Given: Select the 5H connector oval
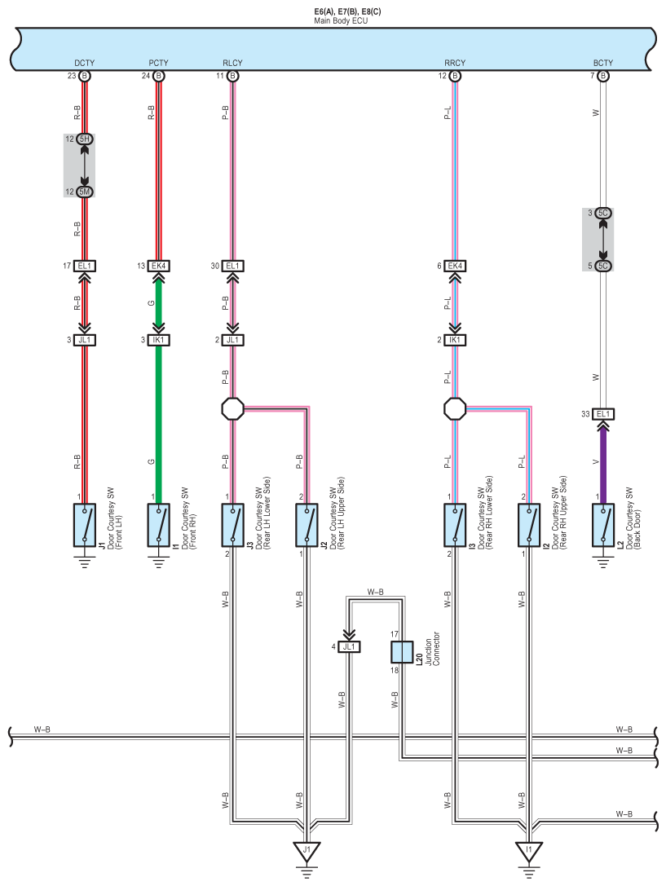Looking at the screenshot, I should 84,139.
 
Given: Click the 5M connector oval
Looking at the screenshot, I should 84,192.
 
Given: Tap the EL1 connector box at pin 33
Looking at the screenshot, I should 602,414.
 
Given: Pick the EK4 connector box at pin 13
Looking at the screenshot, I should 158,266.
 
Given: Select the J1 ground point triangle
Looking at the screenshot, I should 307,852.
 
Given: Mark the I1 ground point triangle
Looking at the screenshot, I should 528,852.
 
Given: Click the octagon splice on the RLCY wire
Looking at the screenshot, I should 232,408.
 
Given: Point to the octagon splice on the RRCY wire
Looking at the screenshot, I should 454,408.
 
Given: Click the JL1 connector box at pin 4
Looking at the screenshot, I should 349,646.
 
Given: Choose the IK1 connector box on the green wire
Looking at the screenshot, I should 158,340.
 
